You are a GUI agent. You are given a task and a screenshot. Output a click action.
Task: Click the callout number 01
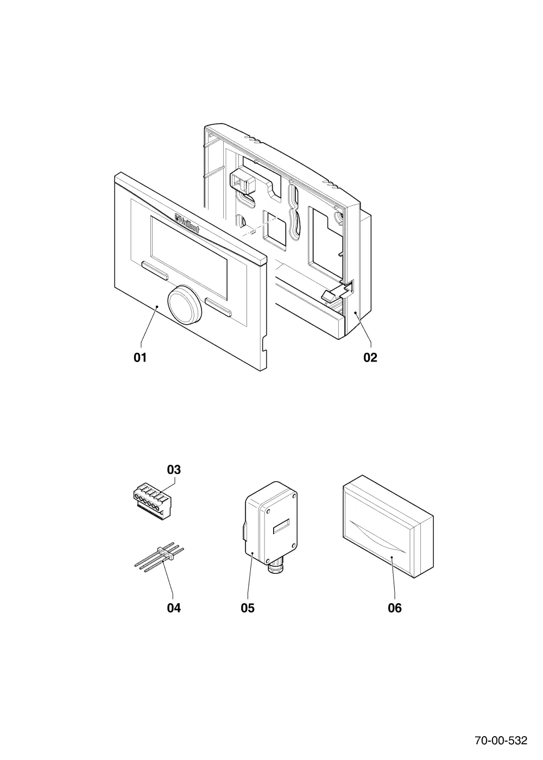point(140,357)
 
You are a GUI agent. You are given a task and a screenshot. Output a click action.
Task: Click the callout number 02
point(370,357)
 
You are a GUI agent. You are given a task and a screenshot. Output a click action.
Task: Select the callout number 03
point(174,470)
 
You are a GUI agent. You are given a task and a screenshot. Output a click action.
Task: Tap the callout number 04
point(174,609)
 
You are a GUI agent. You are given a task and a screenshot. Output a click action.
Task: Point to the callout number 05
point(248,609)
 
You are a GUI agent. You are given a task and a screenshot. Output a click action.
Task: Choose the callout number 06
point(395,609)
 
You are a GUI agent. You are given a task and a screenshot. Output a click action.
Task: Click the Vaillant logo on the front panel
point(187,223)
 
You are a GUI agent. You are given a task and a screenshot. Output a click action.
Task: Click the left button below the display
point(154,270)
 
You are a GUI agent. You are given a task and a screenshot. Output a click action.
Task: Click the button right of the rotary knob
point(218,307)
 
